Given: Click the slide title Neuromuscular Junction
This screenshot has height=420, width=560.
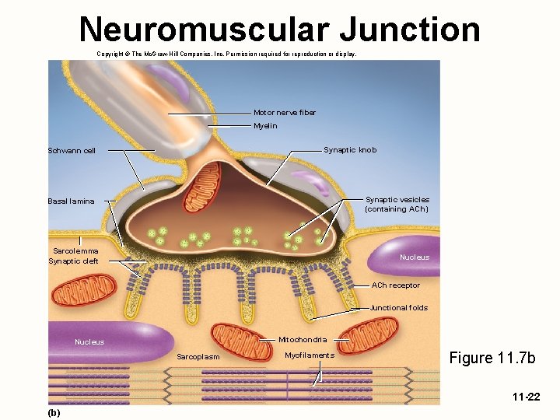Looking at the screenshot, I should (x=279, y=30).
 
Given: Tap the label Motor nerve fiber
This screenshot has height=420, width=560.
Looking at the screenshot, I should (x=285, y=113).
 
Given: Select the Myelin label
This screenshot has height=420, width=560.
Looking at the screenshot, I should (x=265, y=126).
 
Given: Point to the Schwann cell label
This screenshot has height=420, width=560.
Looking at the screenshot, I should (x=72, y=151).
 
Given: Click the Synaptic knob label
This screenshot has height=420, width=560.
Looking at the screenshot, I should (x=350, y=150).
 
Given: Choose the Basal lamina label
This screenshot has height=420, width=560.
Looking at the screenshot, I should (x=71, y=201).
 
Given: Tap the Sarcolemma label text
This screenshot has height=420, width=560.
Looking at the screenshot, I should (x=76, y=250).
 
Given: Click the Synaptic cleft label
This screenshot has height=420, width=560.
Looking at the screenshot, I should (x=74, y=261).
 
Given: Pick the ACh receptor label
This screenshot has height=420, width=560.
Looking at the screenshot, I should (x=396, y=285).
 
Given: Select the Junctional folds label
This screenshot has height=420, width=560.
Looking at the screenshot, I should (x=399, y=308).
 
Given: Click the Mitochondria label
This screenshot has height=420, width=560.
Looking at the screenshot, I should (x=303, y=340).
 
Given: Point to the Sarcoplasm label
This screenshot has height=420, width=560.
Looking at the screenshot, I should (x=198, y=357).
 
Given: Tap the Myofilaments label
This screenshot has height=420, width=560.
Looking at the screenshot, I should (x=310, y=355).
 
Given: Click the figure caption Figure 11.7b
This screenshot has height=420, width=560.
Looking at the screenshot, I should (x=494, y=358).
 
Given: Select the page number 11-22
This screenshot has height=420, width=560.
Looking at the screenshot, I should (x=526, y=397).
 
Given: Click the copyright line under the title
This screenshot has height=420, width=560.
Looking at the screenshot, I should (x=226, y=54).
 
